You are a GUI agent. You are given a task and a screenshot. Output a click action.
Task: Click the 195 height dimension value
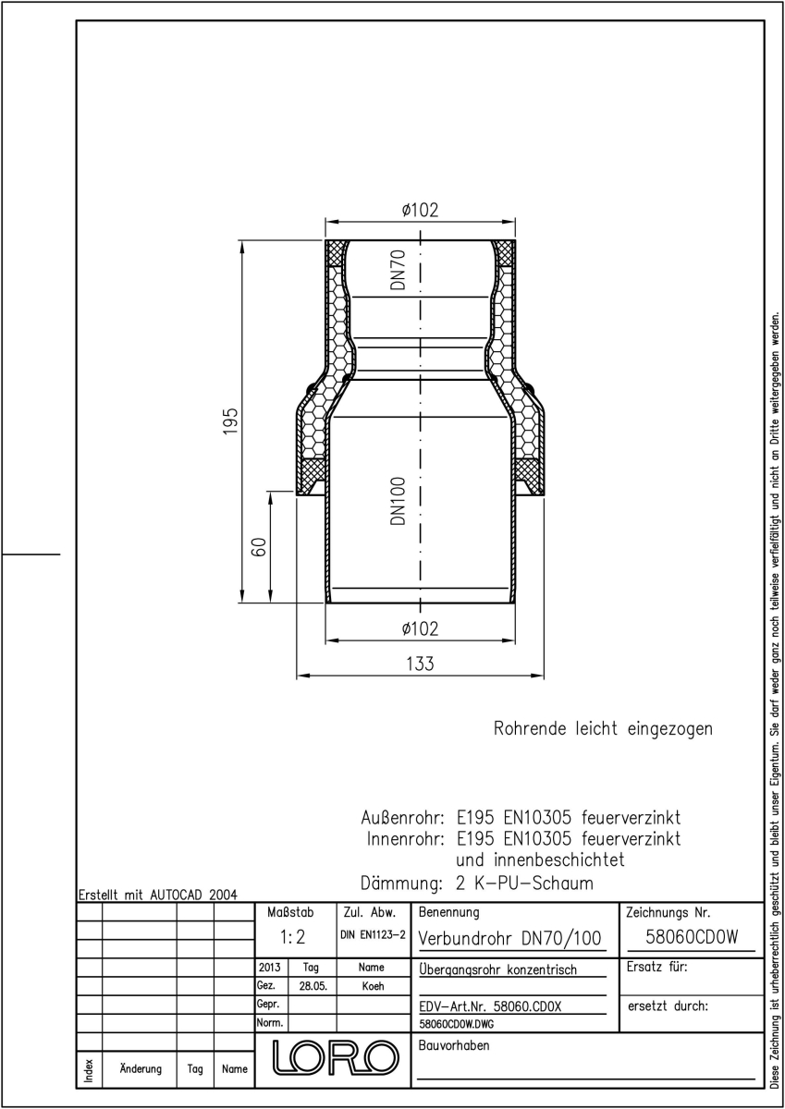pyautogui.click(x=231, y=421)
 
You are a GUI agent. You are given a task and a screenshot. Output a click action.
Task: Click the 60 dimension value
pyautogui.click(x=259, y=546)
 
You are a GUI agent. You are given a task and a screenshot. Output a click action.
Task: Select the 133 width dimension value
pyautogui.click(x=420, y=664)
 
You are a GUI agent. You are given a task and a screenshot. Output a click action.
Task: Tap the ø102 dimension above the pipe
pyautogui.click(x=420, y=210)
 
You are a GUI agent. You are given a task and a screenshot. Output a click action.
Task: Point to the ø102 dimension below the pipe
pyautogui.click(x=420, y=628)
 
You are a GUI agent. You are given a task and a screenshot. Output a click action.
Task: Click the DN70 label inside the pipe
pyautogui.click(x=399, y=269)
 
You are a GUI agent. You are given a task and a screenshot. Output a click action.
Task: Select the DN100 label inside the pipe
pyautogui.click(x=399, y=501)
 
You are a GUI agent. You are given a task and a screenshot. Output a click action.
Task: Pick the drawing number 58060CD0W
pyautogui.click(x=692, y=937)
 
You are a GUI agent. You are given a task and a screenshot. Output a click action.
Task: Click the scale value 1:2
pyautogui.click(x=293, y=937)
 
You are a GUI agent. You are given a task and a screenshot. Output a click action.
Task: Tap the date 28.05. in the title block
pyautogui.click(x=313, y=986)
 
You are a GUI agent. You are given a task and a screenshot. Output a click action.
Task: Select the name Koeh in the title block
pyautogui.click(x=373, y=986)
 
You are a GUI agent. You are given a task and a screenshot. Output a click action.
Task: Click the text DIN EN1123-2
pyautogui.click(x=373, y=934)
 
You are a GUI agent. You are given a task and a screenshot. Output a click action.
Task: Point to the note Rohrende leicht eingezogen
pyautogui.click(x=603, y=728)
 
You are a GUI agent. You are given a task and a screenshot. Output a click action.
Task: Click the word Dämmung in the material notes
pyautogui.click(x=401, y=884)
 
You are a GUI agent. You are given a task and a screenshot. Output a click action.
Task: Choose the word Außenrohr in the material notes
pyautogui.click(x=402, y=817)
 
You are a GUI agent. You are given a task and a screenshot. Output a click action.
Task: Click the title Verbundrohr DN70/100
pyautogui.click(x=510, y=938)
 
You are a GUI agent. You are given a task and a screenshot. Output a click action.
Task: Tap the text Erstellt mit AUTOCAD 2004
pyautogui.click(x=158, y=895)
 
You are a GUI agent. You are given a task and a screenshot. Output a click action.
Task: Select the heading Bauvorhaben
pyautogui.click(x=454, y=1045)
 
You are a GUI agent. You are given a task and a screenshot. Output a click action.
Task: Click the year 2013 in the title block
pyautogui.click(x=269, y=967)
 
